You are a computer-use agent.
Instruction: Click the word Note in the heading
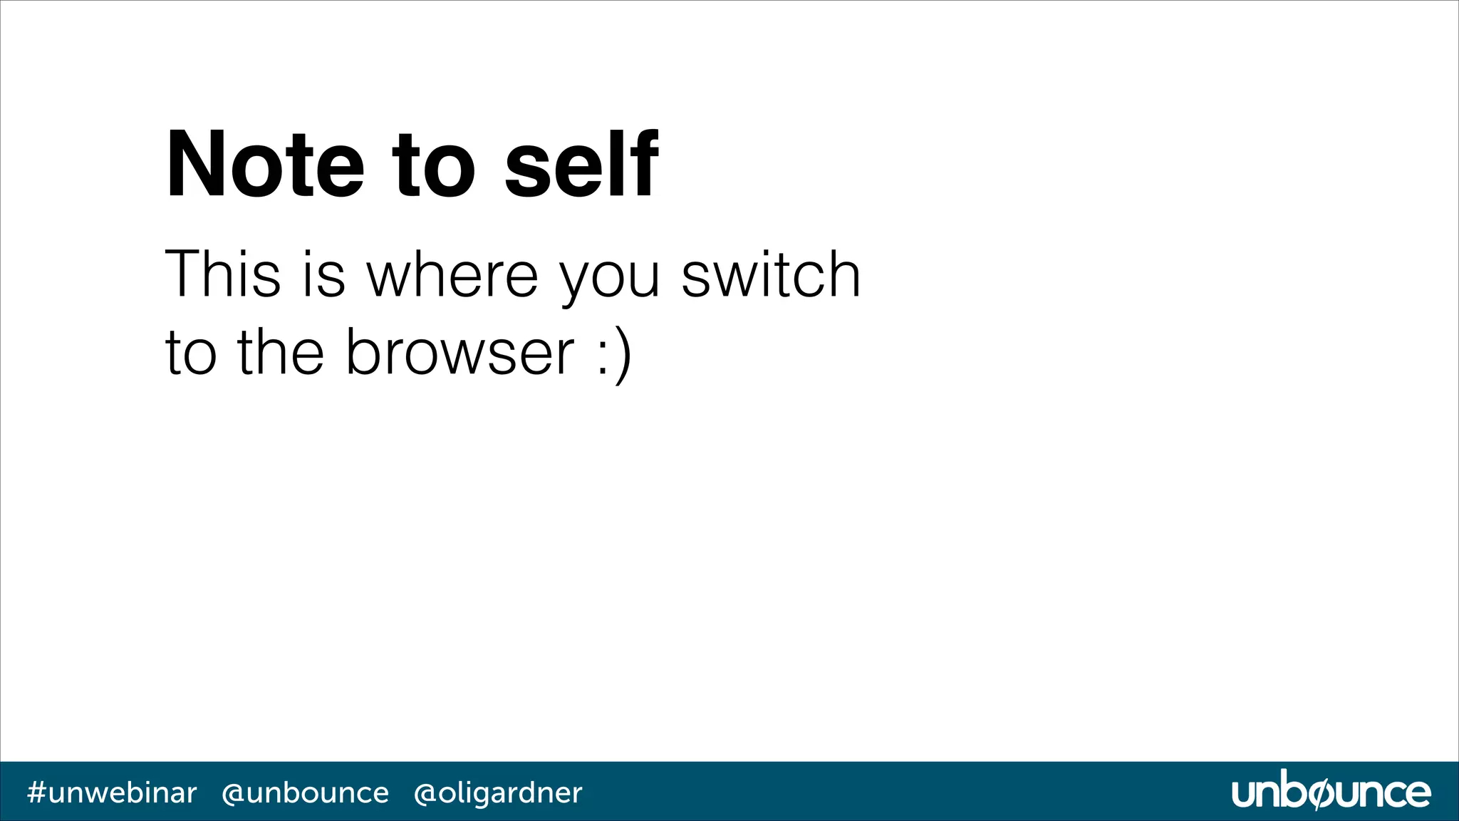pyautogui.click(x=265, y=165)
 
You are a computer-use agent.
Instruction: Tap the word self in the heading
pyautogui.click(x=581, y=165)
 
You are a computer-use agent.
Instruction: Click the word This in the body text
pyautogui.click(x=222, y=274)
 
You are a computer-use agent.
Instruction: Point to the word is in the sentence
pyautogui.click(x=324, y=274)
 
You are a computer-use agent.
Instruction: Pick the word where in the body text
pyautogui.click(x=452, y=274)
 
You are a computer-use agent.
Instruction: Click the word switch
pyautogui.click(x=771, y=274)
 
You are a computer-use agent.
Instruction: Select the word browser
pyautogui.click(x=459, y=353)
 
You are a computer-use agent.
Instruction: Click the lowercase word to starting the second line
pyautogui.click(x=190, y=354)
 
